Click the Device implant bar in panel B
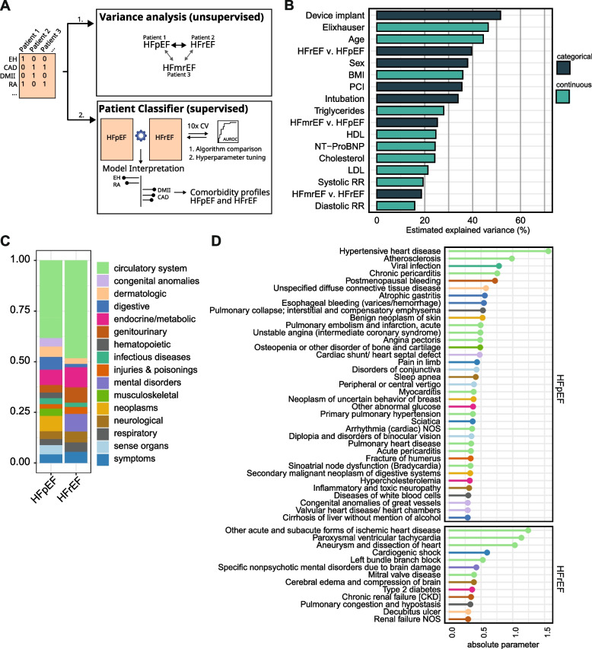point(438,14)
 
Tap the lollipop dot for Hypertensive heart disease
point(548,250)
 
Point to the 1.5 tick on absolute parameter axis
point(548,628)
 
